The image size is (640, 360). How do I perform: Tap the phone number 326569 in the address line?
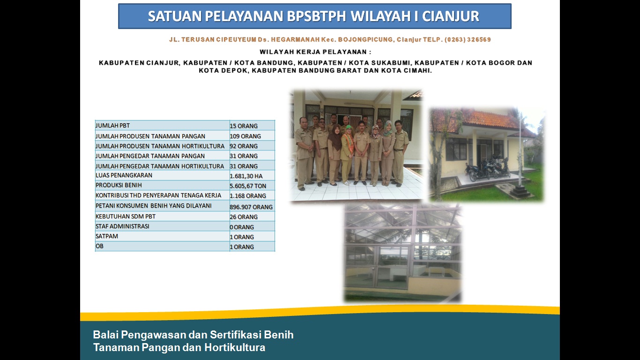(479, 39)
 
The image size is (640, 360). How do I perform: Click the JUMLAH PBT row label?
(112, 126)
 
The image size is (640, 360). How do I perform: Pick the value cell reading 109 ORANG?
(245, 136)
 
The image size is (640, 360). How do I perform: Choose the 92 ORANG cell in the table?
(244, 146)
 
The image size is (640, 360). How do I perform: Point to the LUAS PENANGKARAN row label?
(124, 175)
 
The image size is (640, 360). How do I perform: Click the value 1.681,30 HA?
(246, 176)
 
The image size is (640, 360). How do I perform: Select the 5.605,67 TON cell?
(248, 186)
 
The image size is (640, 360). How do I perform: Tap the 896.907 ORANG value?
(251, 207)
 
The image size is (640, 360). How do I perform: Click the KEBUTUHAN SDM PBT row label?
(126, 217)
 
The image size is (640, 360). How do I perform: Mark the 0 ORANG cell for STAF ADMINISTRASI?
(242, 227)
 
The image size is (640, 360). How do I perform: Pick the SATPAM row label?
(106, 236)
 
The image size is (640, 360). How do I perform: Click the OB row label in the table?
(99, 246)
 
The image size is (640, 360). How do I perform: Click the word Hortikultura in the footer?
(235, 347)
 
